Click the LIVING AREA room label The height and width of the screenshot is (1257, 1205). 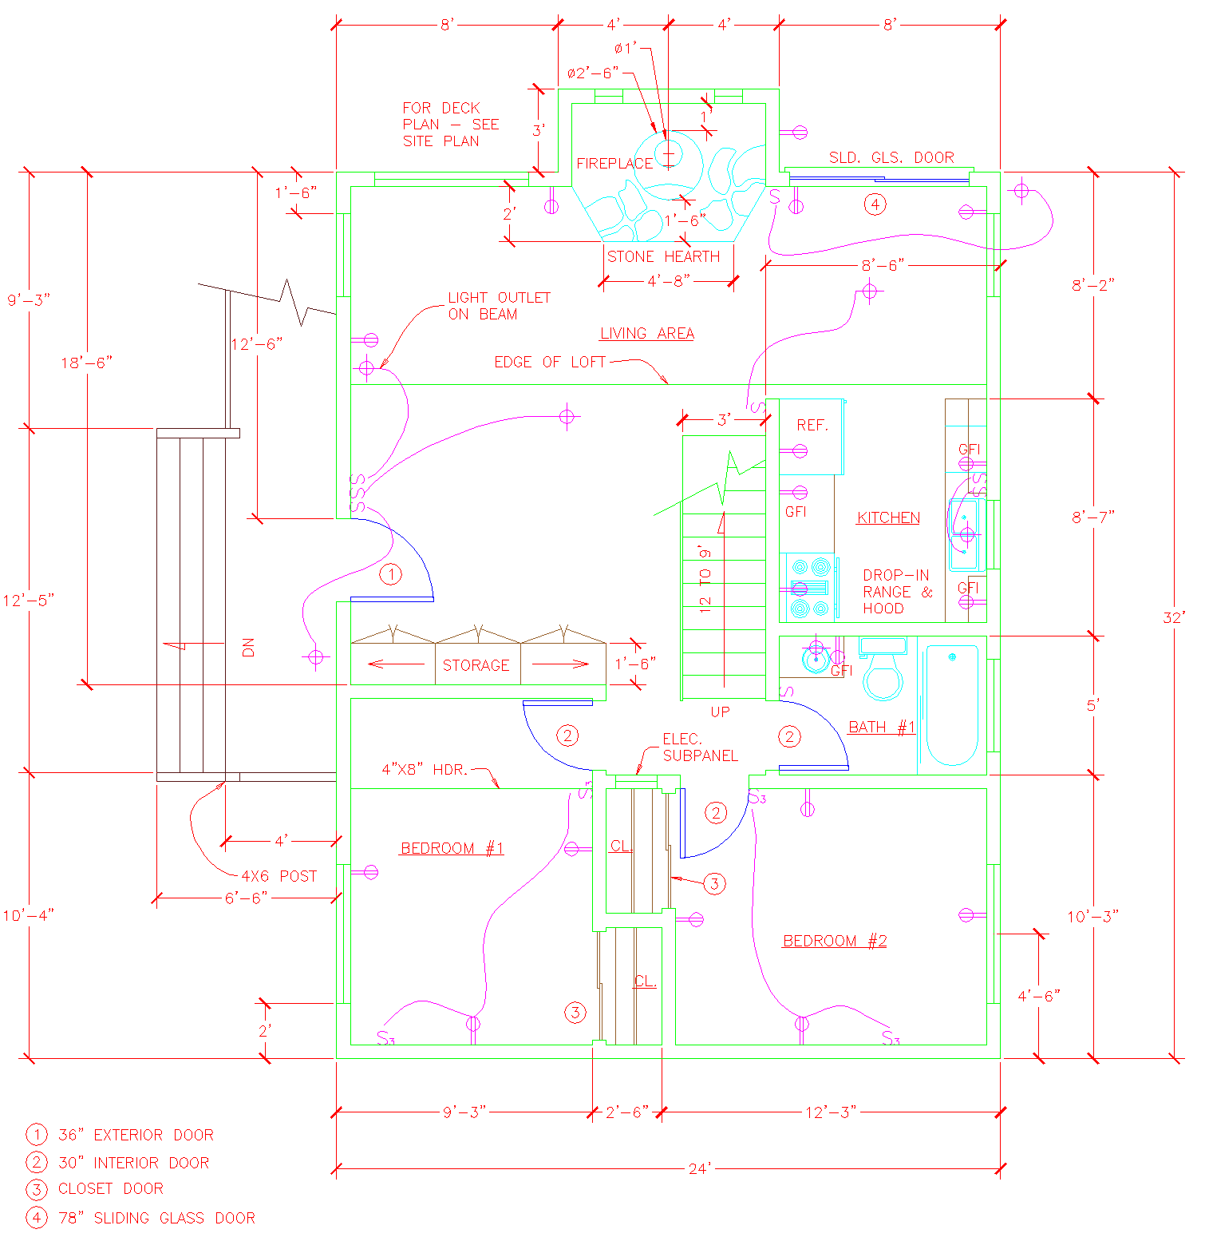coord(647,334)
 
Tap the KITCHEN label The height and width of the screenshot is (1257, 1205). coord(888,517)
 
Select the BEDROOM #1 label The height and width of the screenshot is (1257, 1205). coord(452,848)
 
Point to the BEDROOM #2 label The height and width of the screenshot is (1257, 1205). coord(835,941)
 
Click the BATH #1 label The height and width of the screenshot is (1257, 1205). coord(882,728)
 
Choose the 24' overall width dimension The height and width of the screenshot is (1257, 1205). coord(700,1169)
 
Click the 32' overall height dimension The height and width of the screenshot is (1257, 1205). coord(1174,617)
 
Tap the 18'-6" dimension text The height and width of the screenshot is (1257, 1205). coord(87,363)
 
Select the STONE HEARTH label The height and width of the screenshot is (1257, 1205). coord(663,256)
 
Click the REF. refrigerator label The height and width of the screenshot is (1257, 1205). coord(812,426)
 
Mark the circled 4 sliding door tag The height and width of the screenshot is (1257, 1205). coord(875,204)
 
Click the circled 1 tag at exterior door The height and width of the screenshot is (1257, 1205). coord(391,574)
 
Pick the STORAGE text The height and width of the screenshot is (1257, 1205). coord(476,665)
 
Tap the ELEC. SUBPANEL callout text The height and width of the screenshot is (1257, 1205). coord(700,747)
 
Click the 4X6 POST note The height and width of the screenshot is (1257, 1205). coord(279,876)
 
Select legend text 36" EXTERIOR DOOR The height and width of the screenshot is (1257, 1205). coord(136,1135)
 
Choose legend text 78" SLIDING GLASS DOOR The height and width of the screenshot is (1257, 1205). coord(156,1218)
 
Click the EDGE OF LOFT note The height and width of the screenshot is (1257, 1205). coord(550,362)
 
